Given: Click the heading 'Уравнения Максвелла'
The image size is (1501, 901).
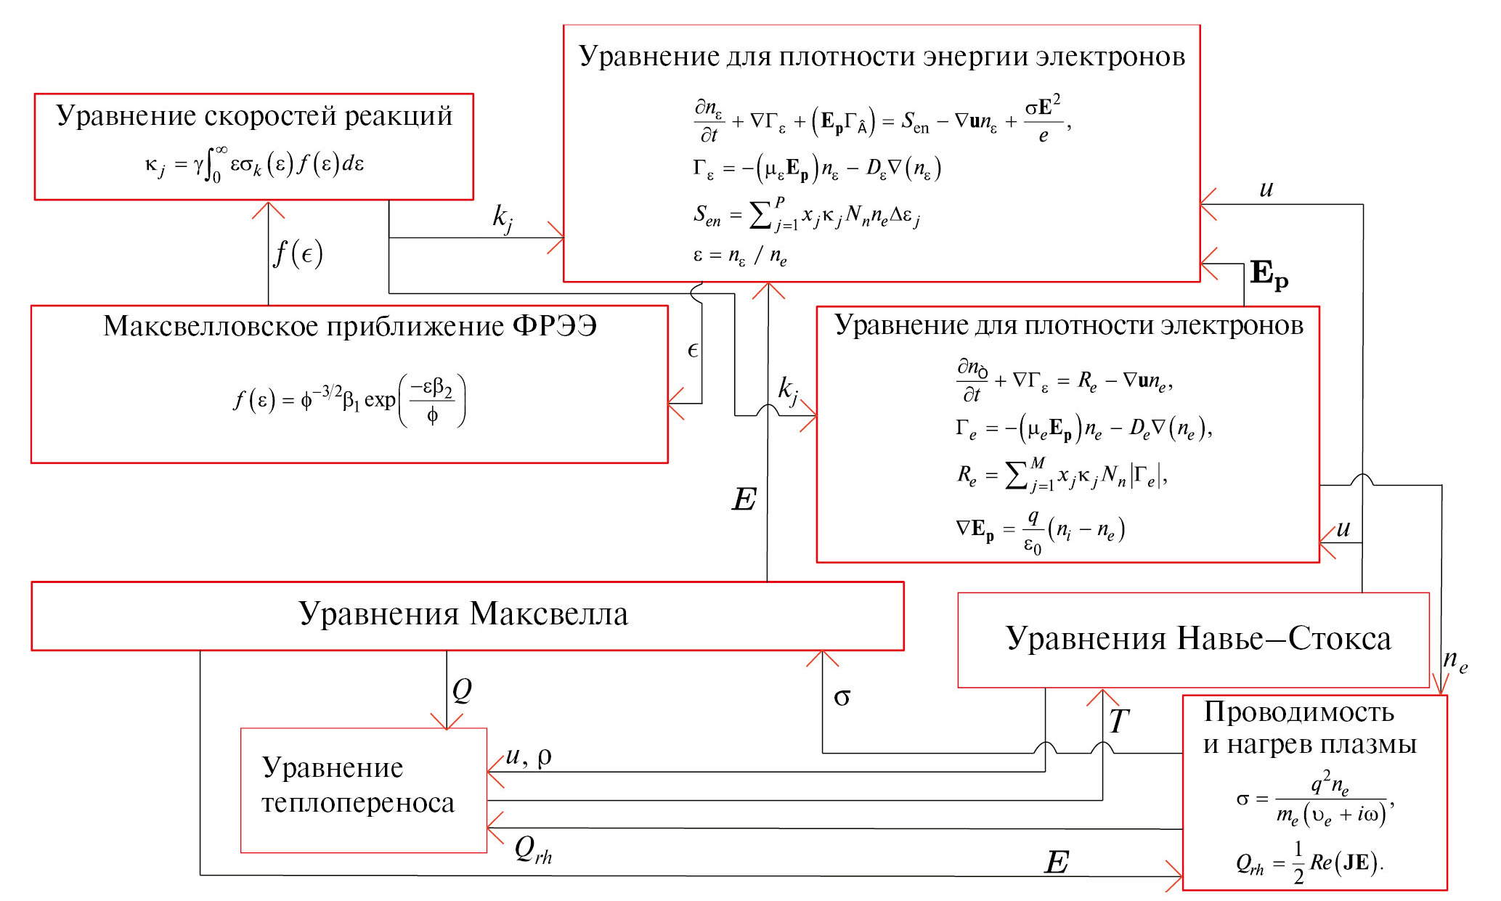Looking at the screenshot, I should pyautogui.click(x=463, y=614).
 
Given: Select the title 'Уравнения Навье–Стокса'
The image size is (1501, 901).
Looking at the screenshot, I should pyautogui.click(x=1197, y=639).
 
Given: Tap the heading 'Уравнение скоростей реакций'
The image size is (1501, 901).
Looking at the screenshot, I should pyautogui.click(x=254, y=116).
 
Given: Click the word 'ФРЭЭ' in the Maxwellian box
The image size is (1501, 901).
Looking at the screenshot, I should pyautogui.click(x=555, y=326).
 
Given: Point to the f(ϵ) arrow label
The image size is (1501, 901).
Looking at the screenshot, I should pyautogui.click(x=298, y=253).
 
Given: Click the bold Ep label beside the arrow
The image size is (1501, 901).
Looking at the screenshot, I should pyautogui.click(x=1269, y=274).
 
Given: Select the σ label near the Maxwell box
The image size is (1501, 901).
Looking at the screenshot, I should pyautogui.click(x=842, y=698).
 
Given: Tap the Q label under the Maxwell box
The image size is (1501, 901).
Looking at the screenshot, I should pyautogui.click(x=462, y=690).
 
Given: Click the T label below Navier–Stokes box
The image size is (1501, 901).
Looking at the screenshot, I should pyautogui.click(x=1118, y=721).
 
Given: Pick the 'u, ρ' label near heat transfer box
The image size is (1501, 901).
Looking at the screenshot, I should pyautogui.click(x=529, y=757).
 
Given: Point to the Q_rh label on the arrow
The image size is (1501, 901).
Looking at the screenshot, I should pyautogui.click(x=533, y=849).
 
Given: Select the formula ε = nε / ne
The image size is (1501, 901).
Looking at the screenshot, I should pyautogui.click(x=739, y=256).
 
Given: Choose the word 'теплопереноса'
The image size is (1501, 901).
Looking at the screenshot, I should pyautogui.click(x=358, y=803).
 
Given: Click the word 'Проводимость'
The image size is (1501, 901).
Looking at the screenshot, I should pyautogui.click(x=1298, y=712).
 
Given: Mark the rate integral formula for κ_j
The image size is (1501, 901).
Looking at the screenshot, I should pyautogui.click(x=254, y=165).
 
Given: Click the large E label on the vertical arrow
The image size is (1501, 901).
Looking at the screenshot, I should pyautogui.click(x=744, y=500).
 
